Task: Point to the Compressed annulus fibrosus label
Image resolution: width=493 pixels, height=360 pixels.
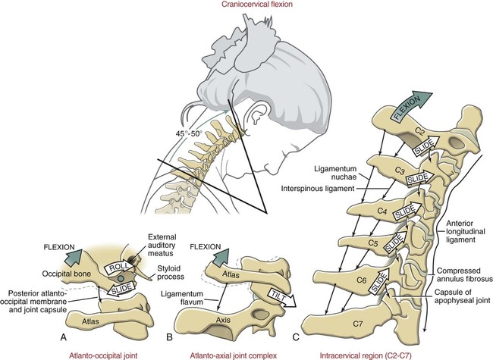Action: [462, 275]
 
